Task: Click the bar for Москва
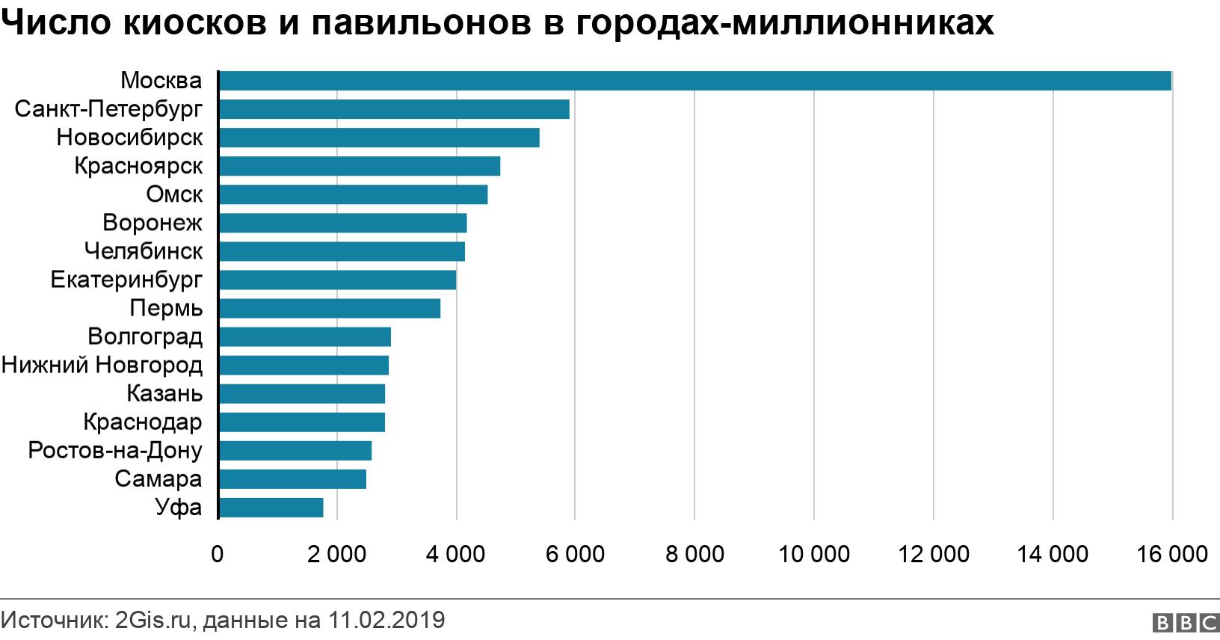pos(694,81)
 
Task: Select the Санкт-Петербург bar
pos(394,109)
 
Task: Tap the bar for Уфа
pos(271,508)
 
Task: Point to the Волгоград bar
pos(304,337)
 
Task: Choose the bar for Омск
pos(353,194)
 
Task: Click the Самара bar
pos(292,479)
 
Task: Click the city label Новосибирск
pos(129,138)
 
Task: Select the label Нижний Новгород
pos(102,366)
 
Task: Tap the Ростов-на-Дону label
pos(115,451)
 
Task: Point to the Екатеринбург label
pos(126,280)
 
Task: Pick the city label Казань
pos(164,394)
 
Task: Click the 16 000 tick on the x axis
pos(1171,554)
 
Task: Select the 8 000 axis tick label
pos(694,554)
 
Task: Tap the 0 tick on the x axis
pos(218,554)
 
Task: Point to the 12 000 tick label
pos(933,554)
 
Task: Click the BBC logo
pos(1186,623)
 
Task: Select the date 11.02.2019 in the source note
pos(386,621)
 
